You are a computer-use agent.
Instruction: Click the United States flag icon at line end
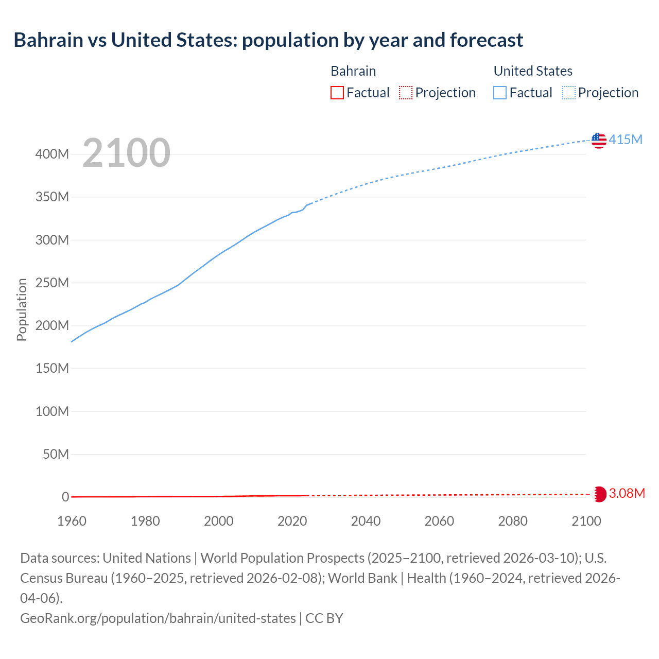point(599,140)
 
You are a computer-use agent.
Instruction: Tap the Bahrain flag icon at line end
point(599,494)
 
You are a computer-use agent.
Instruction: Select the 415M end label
point(626,140)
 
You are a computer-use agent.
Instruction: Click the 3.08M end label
point(627,493)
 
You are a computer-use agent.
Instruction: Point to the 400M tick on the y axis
point(52,154)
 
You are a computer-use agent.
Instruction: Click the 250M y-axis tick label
point(52,283)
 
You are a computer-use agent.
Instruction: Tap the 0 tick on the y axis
point(65,497)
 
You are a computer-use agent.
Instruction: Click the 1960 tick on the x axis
point(72,521)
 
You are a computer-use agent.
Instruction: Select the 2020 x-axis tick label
point(292,521)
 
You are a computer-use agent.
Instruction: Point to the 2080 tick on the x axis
point(513,521)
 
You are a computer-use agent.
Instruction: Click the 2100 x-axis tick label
point(586,521)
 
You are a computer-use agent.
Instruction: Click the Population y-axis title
point(22,309)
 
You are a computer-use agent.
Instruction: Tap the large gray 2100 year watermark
point(126,153)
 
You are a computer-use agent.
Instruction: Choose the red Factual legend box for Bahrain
point(337,93)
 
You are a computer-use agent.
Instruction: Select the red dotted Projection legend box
point(406,93)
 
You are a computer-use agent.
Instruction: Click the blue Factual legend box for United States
point(500,93)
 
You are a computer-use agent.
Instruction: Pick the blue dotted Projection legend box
point(569,93)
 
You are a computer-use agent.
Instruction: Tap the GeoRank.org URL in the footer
point(158,618)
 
